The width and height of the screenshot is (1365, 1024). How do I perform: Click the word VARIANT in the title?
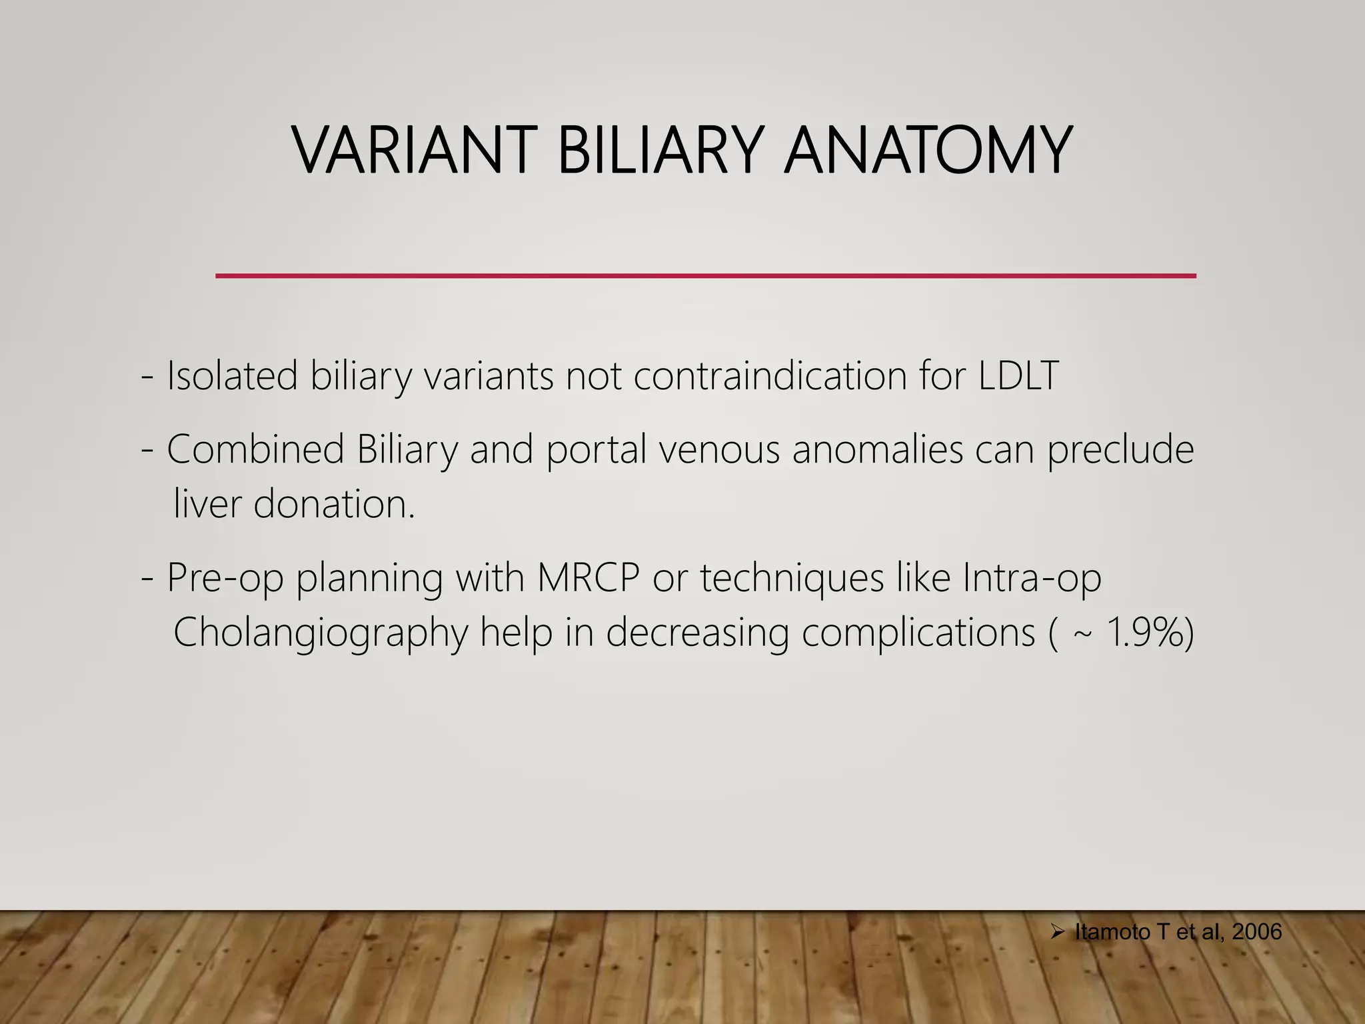(x=414, y=151)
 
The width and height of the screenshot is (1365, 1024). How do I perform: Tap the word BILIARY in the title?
(x=660, y=151)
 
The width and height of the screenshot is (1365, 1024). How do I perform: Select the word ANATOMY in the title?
(x=928, y=151)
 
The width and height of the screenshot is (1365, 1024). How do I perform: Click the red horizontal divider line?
(x=705, y=275)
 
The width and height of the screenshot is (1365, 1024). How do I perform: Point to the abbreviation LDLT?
(x=1018, y=375)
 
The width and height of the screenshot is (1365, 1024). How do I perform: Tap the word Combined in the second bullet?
(x=255, y=449)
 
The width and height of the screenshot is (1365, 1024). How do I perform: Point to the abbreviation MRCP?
(x=588, y=577)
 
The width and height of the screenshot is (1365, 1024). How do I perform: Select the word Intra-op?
(x=1032, y=577)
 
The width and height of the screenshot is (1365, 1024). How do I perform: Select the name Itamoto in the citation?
(x=1112, y=932)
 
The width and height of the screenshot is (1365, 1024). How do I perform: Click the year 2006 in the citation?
(x=1257, y=932)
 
